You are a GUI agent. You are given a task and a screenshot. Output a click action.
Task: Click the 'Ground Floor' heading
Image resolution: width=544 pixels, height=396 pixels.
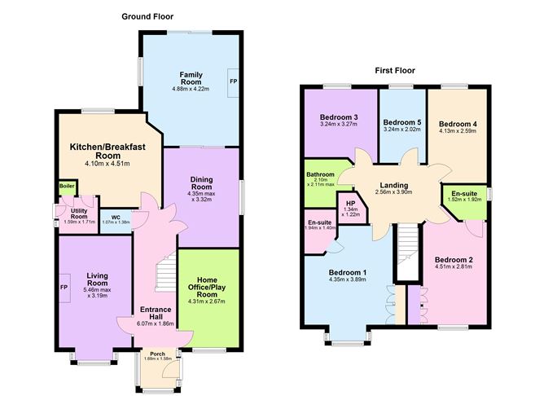pos(147,16)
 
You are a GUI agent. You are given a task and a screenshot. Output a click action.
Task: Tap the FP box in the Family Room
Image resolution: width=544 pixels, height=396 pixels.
pos(232,81)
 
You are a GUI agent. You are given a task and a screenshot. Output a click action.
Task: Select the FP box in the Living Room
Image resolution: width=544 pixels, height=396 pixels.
pos(64,288)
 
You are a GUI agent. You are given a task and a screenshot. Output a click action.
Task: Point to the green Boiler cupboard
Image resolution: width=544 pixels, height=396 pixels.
pos(65,187)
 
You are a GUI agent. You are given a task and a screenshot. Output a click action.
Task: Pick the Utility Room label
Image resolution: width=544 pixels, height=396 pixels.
pos(78,214)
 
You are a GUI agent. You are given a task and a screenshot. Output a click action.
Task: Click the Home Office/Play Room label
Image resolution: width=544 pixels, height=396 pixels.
pos(209,288)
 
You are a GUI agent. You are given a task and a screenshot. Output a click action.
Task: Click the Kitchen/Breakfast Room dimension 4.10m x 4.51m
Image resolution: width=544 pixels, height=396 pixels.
pos(101,164)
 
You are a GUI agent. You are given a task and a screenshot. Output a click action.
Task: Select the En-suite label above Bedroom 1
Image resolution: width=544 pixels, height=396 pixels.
pos(318,222)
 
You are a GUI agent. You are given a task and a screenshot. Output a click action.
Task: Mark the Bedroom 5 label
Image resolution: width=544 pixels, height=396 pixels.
pos(402,121)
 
